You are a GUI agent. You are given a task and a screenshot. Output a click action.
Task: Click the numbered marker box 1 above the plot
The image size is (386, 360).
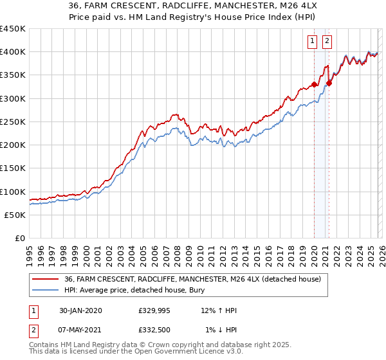pyautogui.click(x=313, y=41)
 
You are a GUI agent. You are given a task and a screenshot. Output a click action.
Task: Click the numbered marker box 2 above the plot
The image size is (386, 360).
pyautogui.click(x=327, y=41)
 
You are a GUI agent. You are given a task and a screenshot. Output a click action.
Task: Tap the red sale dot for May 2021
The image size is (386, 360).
pyautogui.click(x=329, y=83)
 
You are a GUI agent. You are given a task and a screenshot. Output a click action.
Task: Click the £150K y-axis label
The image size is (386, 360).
pyautogui.click(x=13, y=168)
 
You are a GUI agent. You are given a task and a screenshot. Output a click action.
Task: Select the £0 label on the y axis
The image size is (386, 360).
pyautogui.click(x=19, y=239)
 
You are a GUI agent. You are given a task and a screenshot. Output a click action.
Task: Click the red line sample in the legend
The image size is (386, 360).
pyautogui.click(x=46, y=279)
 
